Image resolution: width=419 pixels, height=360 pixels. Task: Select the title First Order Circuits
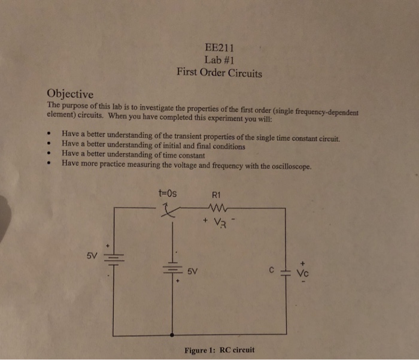[x=219, y=74]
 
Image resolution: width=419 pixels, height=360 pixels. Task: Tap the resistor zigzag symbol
[x=215, y=208]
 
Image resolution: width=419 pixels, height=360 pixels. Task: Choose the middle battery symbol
[x=173, y=267]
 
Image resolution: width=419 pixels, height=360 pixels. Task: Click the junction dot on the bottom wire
[x=173, y=336]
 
